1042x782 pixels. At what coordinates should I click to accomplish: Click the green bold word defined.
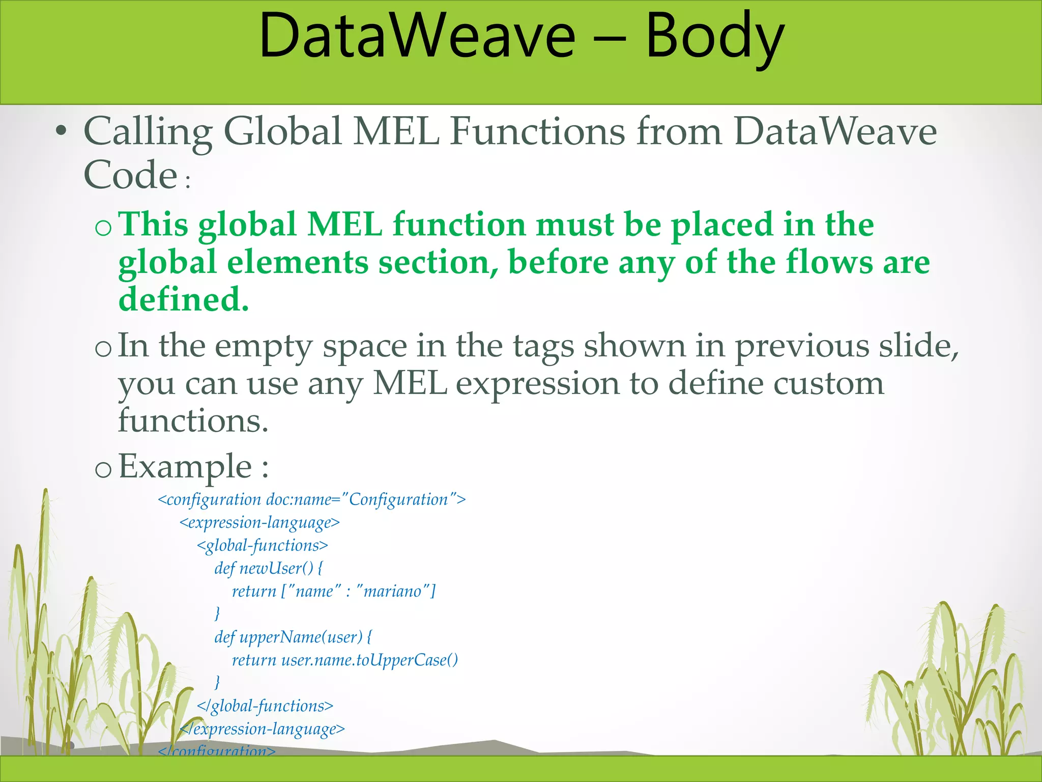(183, 299)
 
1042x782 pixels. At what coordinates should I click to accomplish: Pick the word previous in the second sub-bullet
(803, 346)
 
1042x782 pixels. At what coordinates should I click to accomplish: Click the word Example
(185, 466)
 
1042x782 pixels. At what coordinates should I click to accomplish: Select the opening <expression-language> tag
(259, 523)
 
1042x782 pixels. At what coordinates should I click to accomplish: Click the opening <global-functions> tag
(263, 546)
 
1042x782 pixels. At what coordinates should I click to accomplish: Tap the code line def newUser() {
(268, 569)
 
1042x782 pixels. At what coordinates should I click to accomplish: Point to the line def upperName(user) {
(293, 637)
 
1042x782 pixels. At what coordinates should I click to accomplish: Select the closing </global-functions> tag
(265, 706)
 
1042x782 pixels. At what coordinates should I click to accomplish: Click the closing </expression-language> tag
(263, 729)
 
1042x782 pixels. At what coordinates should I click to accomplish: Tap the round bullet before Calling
(61, 131)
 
